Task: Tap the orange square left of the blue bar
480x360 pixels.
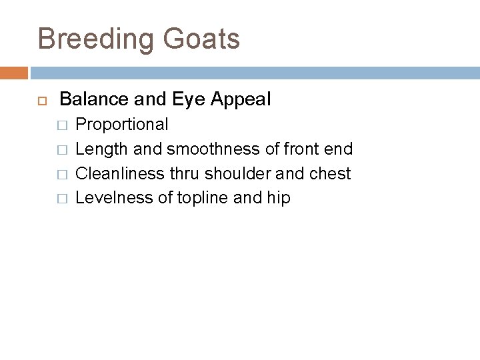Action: [x=14, y=72]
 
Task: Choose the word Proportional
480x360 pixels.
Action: [x=122, y=125]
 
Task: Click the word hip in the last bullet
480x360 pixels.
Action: [x=279, y=198]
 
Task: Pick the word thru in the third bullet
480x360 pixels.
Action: [x=185, y=173]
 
